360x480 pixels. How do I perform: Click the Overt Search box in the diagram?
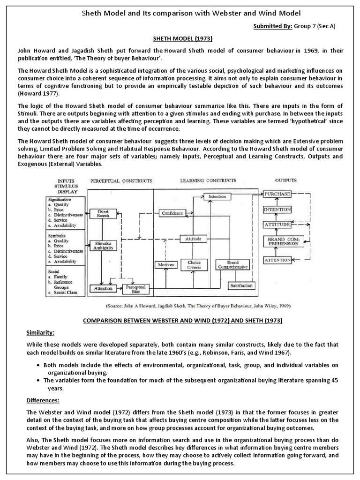(x=104, y=214)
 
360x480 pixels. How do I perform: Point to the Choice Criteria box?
(x=194, y=265)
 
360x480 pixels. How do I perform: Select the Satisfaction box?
(x=242, y=285)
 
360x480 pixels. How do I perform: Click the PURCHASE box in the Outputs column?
(x=277, y=194)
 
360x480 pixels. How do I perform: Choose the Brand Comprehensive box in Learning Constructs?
(x=232, y=265)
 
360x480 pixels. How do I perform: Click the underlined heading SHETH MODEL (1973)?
(x=180, y=40)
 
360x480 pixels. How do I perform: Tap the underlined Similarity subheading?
(x=40, y=333)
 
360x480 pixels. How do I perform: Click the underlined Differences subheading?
(x=42, y=401)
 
